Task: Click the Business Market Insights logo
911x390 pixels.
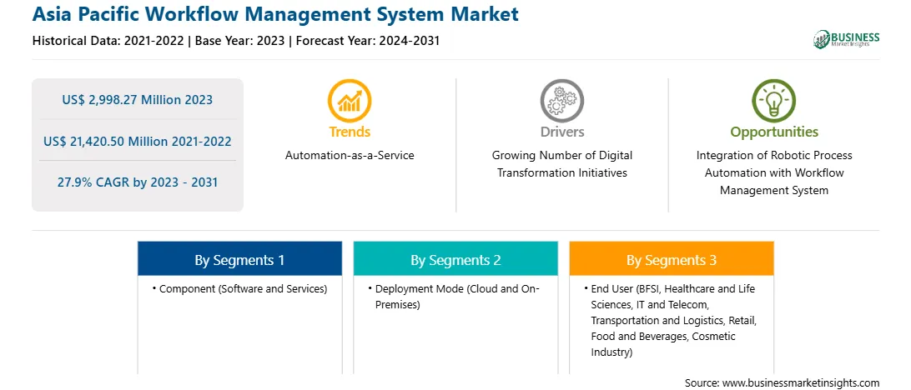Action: [x=847, y=39]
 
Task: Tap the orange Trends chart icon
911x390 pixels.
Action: [x=350, y=101]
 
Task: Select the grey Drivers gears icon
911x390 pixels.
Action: [x=561, y=101]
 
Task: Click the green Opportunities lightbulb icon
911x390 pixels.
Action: [x=774, y=101]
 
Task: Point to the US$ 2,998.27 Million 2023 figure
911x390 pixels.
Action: [x=137, y=100]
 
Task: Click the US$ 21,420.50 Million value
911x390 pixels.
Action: [x=106, y=141]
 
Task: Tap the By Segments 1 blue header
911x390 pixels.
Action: [x=240, y=259]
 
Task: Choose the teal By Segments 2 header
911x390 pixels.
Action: [x=455, y=259]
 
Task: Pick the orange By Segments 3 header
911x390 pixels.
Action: [x=672, y=259]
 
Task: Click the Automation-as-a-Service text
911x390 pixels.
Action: [x=350, y=156]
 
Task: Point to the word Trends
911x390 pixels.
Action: [x=350, y=132]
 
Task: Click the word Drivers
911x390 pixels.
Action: [x=561, y=132]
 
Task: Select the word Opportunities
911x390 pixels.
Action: [x=774, y=132]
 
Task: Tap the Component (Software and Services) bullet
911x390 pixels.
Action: [x=240, y=288]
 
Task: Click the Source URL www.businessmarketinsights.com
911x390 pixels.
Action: [x=782, y=383]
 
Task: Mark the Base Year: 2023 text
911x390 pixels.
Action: [x=240, y=41]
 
